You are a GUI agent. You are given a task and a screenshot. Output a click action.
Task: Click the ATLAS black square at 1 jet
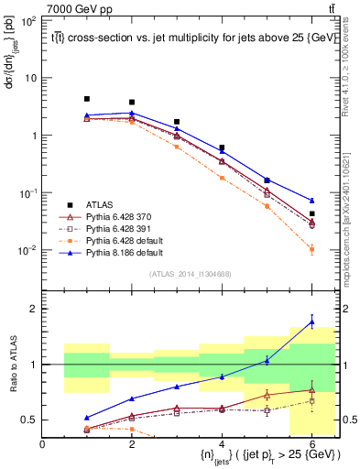87,99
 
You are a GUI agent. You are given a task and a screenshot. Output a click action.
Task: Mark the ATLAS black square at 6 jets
311,213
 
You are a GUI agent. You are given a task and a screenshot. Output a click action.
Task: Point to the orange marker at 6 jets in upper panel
311,249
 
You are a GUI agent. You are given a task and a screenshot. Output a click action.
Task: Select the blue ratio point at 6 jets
311,321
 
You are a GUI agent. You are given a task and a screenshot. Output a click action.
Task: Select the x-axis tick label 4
222,444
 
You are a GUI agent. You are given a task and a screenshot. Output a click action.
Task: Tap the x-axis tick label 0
42,444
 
